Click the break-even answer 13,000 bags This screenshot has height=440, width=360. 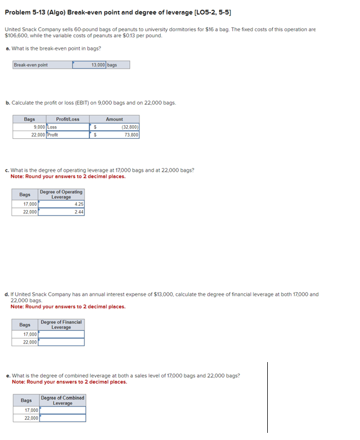[x=102, y=65]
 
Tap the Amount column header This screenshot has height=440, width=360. [x=114, y=119]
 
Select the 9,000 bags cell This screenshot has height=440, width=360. [x=37, y=127]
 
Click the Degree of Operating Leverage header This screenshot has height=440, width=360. [x=61, y=195]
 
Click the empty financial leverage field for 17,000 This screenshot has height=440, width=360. [x=61, y=334]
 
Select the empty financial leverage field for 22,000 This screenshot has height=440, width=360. [x=61, y=342]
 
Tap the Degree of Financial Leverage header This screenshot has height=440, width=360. [x=61, y=325]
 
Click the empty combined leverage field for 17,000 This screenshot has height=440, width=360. [x=62, y=410]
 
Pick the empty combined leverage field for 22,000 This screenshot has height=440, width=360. [x=62, y=418]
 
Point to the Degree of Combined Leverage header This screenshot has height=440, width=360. [x=63, y=400]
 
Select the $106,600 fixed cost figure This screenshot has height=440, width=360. [x=15, y=35]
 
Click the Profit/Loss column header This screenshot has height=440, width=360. [x=67, y=119]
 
